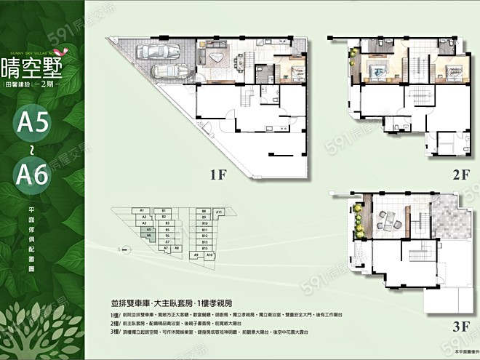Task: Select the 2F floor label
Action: [460, 175]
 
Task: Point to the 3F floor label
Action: [460, 326]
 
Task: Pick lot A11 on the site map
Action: [219, 212]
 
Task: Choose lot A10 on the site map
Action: [209, 255]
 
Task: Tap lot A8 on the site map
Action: [177, 248]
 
